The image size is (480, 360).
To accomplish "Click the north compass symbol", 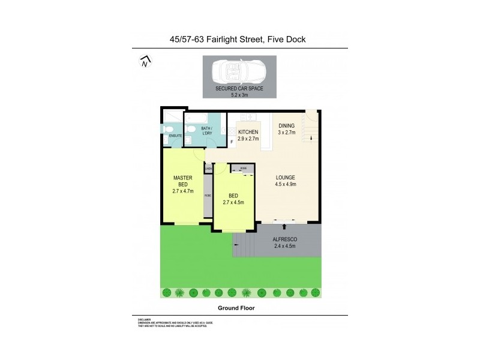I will click(144, 61).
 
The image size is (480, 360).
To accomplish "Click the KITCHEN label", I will click(248, 132).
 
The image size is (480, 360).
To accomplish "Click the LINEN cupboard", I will click(208, 169).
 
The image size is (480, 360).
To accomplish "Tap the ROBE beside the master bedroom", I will click(208, 196).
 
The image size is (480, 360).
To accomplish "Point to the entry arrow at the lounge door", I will click(284, 227).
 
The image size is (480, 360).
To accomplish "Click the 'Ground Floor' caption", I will click(239, 308).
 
